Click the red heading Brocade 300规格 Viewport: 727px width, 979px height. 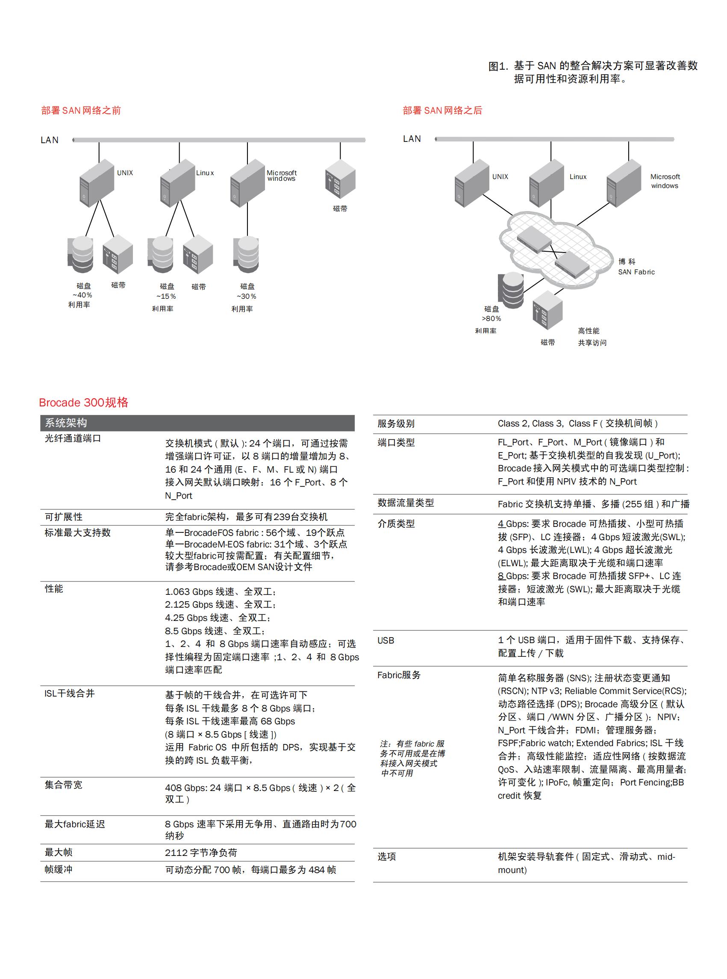tap(84, 402)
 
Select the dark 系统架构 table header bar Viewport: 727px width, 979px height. tap(197, 423)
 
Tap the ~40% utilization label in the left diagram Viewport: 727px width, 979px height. tap(82, 295)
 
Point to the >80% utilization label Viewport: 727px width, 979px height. tap(491, 318)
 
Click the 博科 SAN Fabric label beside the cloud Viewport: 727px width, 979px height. tap(636, 267)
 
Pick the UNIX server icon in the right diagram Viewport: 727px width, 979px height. tap(471, 183)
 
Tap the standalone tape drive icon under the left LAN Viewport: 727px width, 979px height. tap(340, 179)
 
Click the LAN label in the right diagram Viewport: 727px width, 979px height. tap(412, 139)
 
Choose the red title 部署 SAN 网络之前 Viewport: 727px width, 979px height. tap(81, 110)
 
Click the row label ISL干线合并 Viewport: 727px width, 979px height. tap(70, 694)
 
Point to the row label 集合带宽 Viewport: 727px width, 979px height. tap(63, 785)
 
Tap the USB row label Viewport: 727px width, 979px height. tap(386, 640)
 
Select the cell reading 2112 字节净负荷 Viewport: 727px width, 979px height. tap(201, 852)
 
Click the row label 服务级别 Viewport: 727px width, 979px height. tap(396, 423)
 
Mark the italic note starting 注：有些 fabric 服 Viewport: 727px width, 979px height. tap(412, 758)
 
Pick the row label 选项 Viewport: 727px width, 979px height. tap(386, 856)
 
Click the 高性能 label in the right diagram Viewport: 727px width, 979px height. tap(589, 330)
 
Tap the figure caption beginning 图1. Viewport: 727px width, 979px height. tap(592, 72)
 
